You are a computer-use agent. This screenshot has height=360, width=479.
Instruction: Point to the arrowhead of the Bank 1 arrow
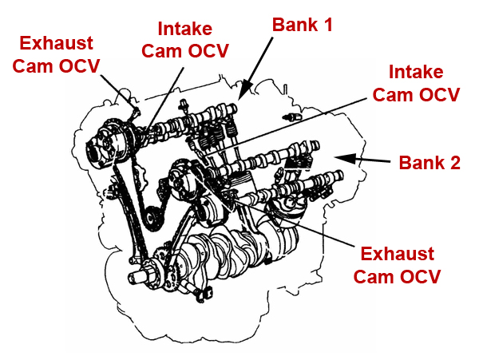point(243,93)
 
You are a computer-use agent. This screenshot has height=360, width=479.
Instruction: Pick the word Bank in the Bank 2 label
point(420,163)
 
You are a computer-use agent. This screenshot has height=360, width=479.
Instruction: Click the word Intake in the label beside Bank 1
point(185,30)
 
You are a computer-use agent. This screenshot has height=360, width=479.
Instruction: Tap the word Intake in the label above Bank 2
point(416,73)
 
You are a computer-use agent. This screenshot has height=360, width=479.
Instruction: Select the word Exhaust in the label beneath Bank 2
point(397,255)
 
